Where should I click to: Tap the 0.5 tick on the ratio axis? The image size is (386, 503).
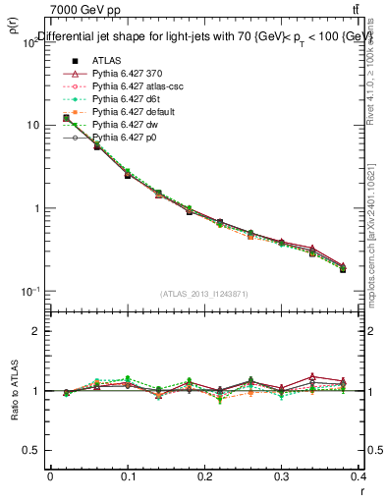coord(30,451)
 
